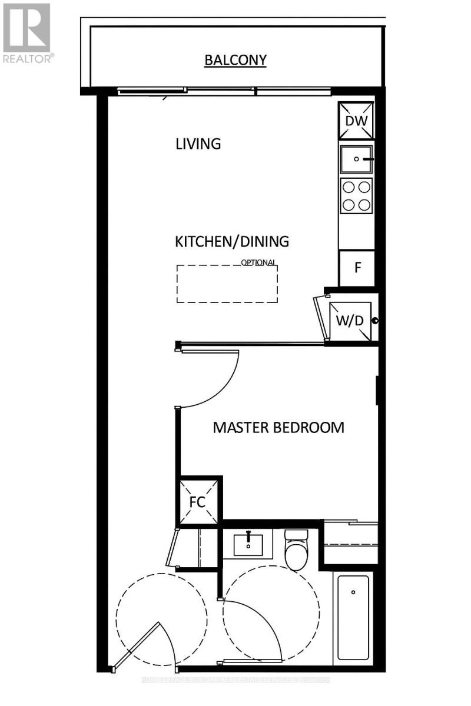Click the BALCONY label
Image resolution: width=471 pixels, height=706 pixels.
point(235,59)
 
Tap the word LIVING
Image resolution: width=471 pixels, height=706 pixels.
point(198,144)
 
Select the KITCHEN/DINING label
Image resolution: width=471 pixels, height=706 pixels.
point(232,241)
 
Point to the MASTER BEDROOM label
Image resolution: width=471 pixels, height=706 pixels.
point(278,427)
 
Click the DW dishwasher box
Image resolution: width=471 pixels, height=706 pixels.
point(357,121)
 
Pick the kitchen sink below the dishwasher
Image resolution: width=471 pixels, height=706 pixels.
point(357,159)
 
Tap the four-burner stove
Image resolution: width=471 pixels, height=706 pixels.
point(357,196)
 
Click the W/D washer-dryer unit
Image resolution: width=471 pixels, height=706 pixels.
point(349,321)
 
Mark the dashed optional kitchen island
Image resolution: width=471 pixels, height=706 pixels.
point(227,284)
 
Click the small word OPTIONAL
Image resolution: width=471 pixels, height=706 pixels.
point(258,263)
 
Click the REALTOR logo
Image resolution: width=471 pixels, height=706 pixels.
point(28,32)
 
